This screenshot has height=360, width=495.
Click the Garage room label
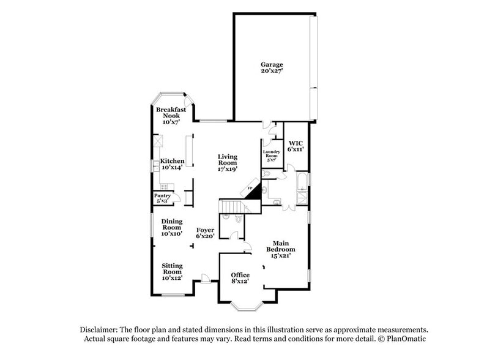tap(272, 67)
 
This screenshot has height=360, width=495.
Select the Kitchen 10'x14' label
tap(172, 164)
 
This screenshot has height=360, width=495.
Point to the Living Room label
tap(228, 162)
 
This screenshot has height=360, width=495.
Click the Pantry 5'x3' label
tap(162, 198)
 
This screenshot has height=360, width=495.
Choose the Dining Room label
tap(172, 227)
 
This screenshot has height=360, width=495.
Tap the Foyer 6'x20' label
tap(205, 233)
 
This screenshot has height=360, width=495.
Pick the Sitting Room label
tap(172, 271)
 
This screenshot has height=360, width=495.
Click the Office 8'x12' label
tap(240, 278)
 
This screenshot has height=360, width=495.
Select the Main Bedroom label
tap(280, 249)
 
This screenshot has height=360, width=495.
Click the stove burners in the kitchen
tap(163, 186)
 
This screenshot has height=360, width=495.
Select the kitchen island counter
tap(190, 151)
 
